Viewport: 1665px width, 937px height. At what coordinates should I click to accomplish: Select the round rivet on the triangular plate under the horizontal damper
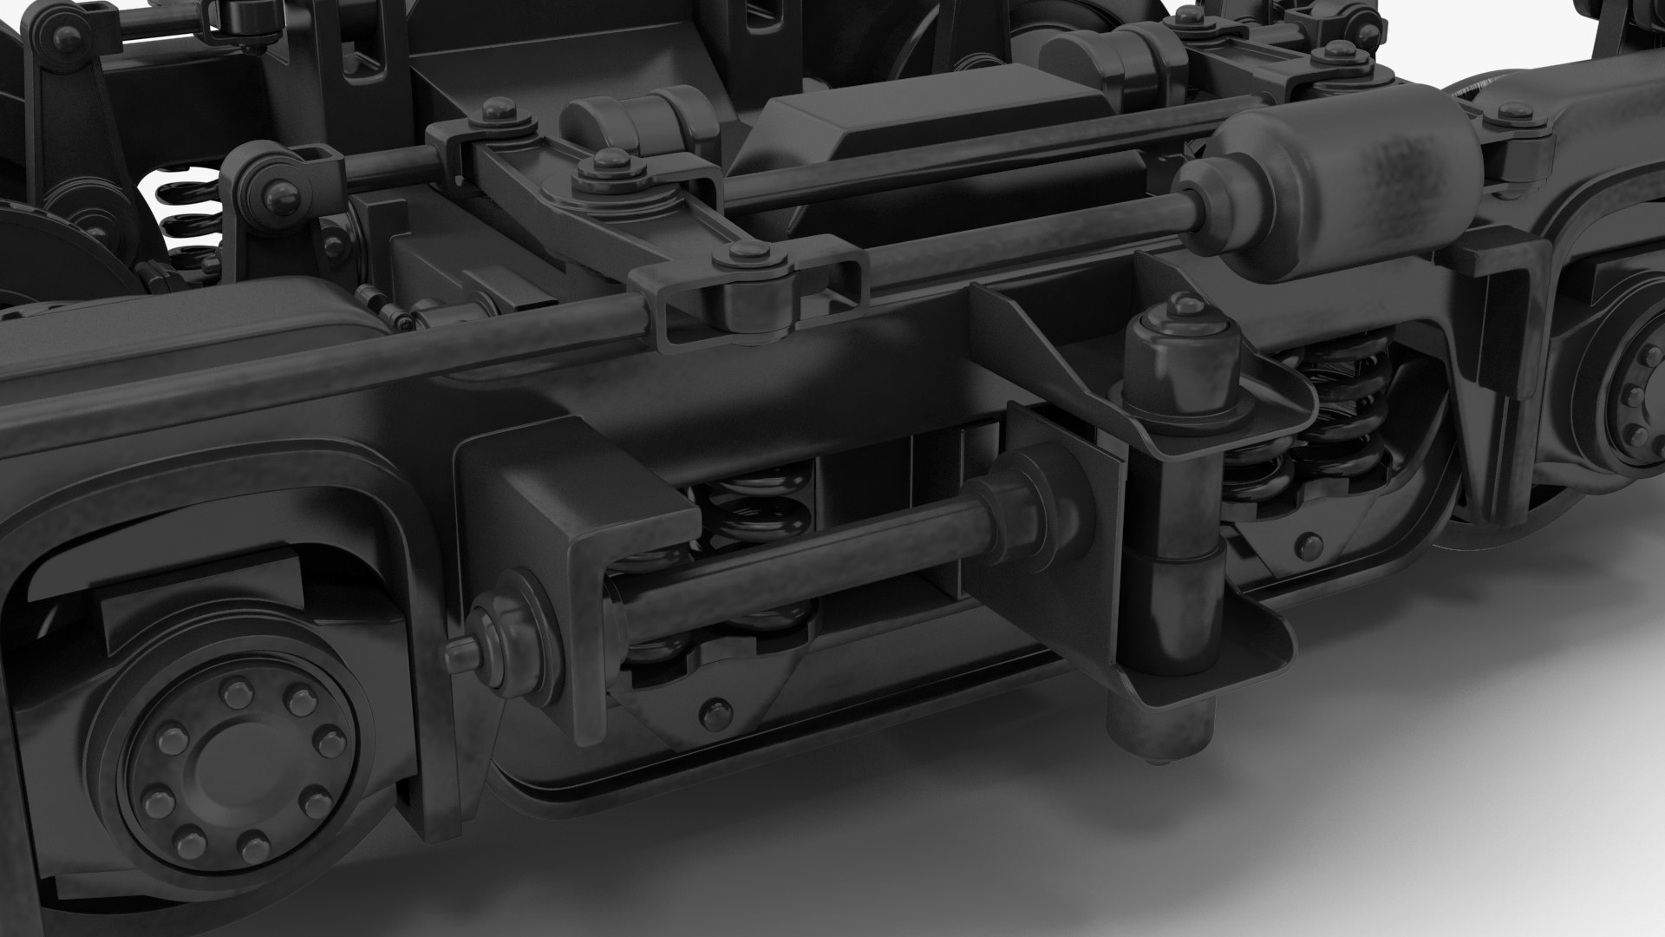[x=713, y=713]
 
